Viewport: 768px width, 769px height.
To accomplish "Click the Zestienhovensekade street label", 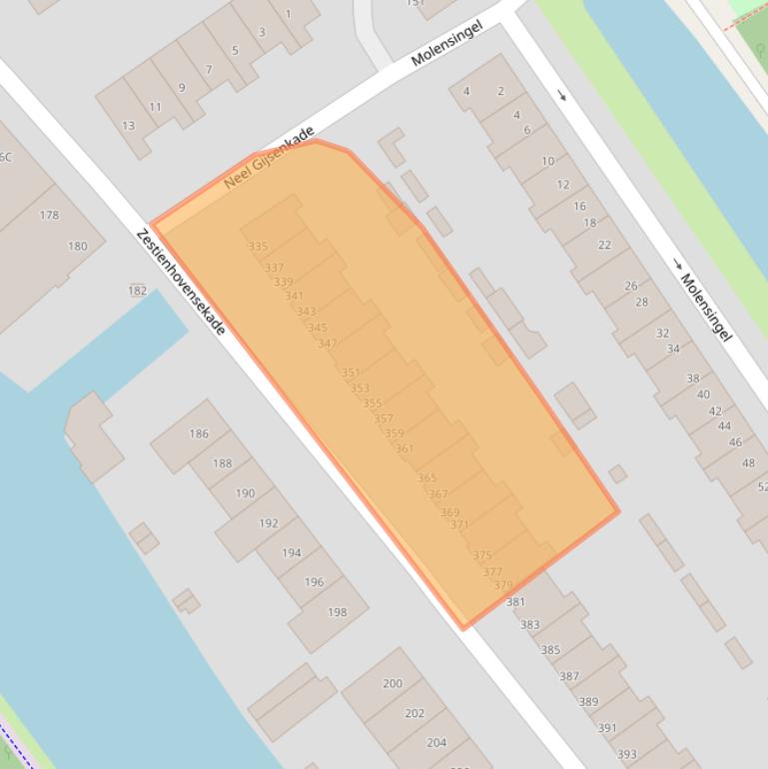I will [181, 282].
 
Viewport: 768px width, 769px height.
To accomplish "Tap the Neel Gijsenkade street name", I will [270, 158].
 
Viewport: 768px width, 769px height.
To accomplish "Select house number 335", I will [258, 247].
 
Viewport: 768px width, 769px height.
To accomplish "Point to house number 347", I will [327, 344].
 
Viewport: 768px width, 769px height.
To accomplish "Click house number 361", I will [403, 449].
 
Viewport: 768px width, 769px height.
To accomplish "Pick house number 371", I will [459, 525].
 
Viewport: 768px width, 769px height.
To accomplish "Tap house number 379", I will [503, 586].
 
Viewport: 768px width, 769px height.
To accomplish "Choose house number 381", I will [515, 602].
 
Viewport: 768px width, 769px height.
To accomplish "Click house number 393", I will [626, 754].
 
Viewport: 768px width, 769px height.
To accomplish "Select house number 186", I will [199, 433].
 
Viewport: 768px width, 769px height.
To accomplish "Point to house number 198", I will [338, 612].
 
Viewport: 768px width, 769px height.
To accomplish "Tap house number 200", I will [392, 684].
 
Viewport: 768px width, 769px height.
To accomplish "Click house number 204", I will [436, 743].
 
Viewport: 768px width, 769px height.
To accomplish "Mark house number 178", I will [49, 215].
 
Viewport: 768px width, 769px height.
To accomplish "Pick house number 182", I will [137, 291].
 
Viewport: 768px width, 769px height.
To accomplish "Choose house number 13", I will [128, 126].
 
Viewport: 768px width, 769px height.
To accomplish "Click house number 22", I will [604, 246].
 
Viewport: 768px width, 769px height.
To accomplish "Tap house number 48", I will [748, 463].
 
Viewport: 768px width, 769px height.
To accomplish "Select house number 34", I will [673, 350].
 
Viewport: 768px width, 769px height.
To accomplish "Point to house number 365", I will [426, 479].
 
